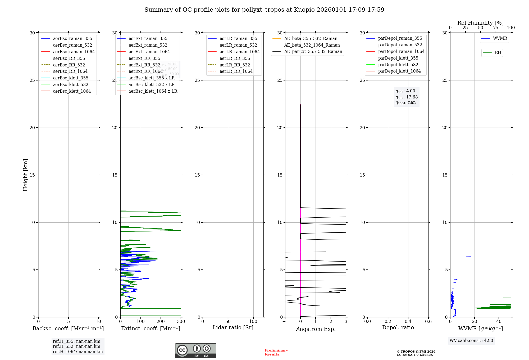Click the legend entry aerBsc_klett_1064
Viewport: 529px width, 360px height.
[x=72, y=91]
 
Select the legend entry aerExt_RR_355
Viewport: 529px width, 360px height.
[x=144, y=58]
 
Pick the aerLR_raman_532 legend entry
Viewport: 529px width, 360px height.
[x=238, y=45]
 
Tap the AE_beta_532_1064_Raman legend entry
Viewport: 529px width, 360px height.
[x=312, y=45]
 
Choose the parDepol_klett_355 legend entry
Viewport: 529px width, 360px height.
[x=398, y=58]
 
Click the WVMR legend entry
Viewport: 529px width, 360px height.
[x=500, y=38]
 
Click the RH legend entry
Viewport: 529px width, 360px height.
[x=498, y=53]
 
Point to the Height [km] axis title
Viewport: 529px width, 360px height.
[x=25, y=175]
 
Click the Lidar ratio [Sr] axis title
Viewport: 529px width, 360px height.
[x=233, y=327]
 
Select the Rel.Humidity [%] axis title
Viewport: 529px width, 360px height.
[x=480, y=23]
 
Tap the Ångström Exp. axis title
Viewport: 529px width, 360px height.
[x=316, y=329]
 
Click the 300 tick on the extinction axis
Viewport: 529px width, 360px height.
[x=181, y=321]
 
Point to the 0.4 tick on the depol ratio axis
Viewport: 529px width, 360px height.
[x=408, y=321]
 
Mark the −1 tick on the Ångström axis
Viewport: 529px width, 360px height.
[x=285, y=321]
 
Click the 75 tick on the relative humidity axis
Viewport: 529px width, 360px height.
[x=496, y=28]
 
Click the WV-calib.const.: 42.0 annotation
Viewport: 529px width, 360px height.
[x=471, y=340]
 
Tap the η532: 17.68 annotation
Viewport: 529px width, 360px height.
[x=406, y=97]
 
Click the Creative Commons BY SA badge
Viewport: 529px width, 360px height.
[x=195, y=350]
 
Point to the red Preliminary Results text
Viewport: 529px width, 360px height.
[x=276, y=352]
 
